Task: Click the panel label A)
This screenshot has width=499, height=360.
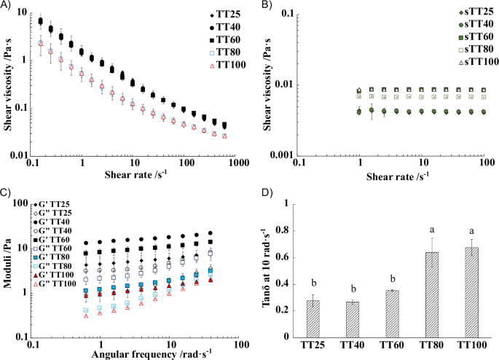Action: coord(8,7)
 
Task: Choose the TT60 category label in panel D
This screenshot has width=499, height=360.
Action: coord(378,343)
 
